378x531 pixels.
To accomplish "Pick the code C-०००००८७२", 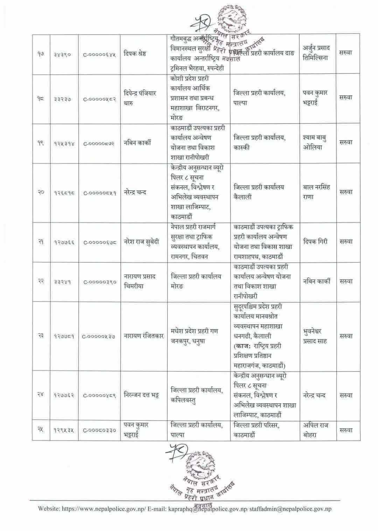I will [x=100, y=143].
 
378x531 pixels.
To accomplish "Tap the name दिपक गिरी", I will [x=316, y=242].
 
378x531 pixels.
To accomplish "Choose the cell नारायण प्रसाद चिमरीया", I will [x=140, y=281].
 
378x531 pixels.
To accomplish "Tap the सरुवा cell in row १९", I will [x=345, y=143].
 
